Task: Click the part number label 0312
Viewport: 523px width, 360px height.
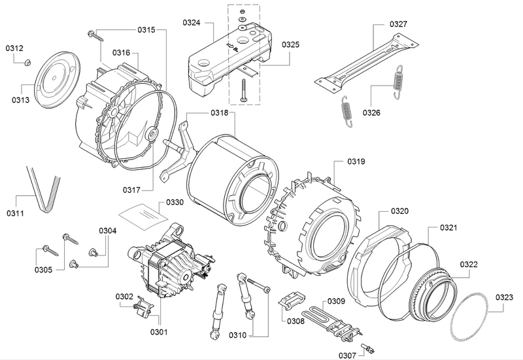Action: (x=15, y=48)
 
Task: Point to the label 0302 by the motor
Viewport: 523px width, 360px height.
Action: (x=124, y=297)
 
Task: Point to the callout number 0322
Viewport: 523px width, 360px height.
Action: (x=469, y=265)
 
